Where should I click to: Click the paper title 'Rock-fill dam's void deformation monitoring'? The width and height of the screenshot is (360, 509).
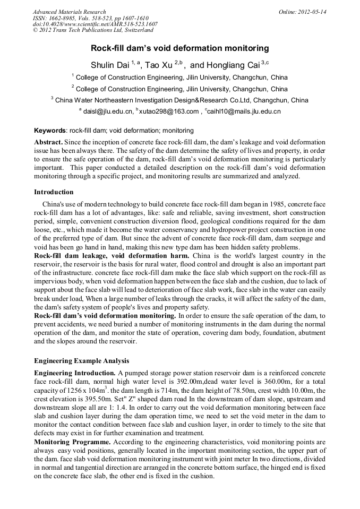pyautogui.click(x=179, y=48)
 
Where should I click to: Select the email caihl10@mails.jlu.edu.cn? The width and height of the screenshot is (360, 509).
pyautogui.click(x=244, y=111)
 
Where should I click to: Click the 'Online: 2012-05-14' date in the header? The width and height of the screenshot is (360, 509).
pyautogui.click(x=303, y=12)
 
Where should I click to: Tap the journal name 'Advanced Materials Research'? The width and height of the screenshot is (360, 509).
pyautogui.click(x=69, y=12)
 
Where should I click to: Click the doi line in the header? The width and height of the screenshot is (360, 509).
pyautogui.click(x=95, y=24)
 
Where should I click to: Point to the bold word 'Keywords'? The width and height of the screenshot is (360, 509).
pyautogui.click(x=50, y=130)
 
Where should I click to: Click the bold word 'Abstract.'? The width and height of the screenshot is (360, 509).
pyautogui.click(x=48, y=143)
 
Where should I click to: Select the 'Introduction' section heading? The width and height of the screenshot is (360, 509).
pyautogui.click(x=54, y=192)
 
